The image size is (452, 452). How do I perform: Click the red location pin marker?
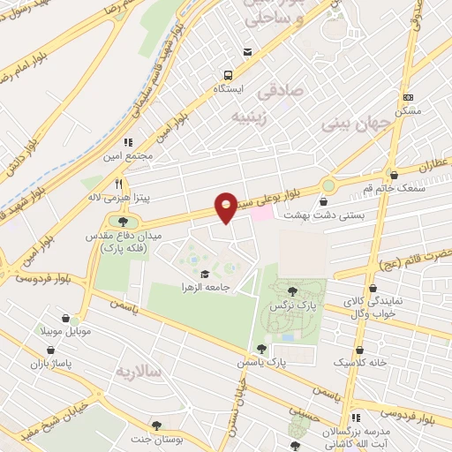click(x=227, y=207)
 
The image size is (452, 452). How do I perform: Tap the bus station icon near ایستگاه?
click(x=229, y=75)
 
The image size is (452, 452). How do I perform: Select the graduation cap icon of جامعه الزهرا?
click(x=206, y=275)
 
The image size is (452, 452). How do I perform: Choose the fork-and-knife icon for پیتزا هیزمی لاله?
click(x=118, y=184)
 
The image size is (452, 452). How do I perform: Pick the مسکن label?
click(x=408, y=111)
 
